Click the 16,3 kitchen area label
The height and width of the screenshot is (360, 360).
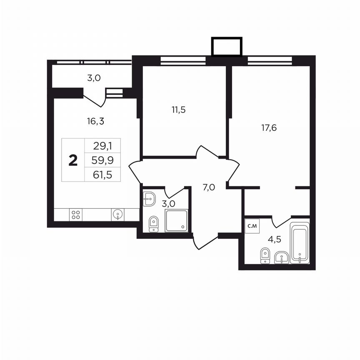coord(95,121)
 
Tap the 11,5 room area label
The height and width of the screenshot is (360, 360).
coord(178,110)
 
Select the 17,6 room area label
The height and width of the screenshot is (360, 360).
coord(269,127)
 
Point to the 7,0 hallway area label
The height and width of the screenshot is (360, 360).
coord(208,187)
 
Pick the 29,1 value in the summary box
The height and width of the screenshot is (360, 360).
coord(102,146)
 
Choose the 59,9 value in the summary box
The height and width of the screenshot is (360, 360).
coord(102,160)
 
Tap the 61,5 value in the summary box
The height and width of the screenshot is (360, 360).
coord(102,174)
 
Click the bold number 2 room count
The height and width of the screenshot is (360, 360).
coord(73,160)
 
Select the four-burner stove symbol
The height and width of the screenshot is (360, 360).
coord(76,215)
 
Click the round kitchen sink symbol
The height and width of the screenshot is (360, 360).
coord(117,215)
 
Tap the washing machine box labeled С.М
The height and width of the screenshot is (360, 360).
coord(252,226)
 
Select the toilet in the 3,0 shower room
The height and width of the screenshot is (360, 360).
coord(153,224)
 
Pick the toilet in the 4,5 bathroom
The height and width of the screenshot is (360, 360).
coord(264,255)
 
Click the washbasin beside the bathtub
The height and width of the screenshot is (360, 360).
coord(282,257)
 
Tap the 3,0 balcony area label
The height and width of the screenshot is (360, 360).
coord(94,77)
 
